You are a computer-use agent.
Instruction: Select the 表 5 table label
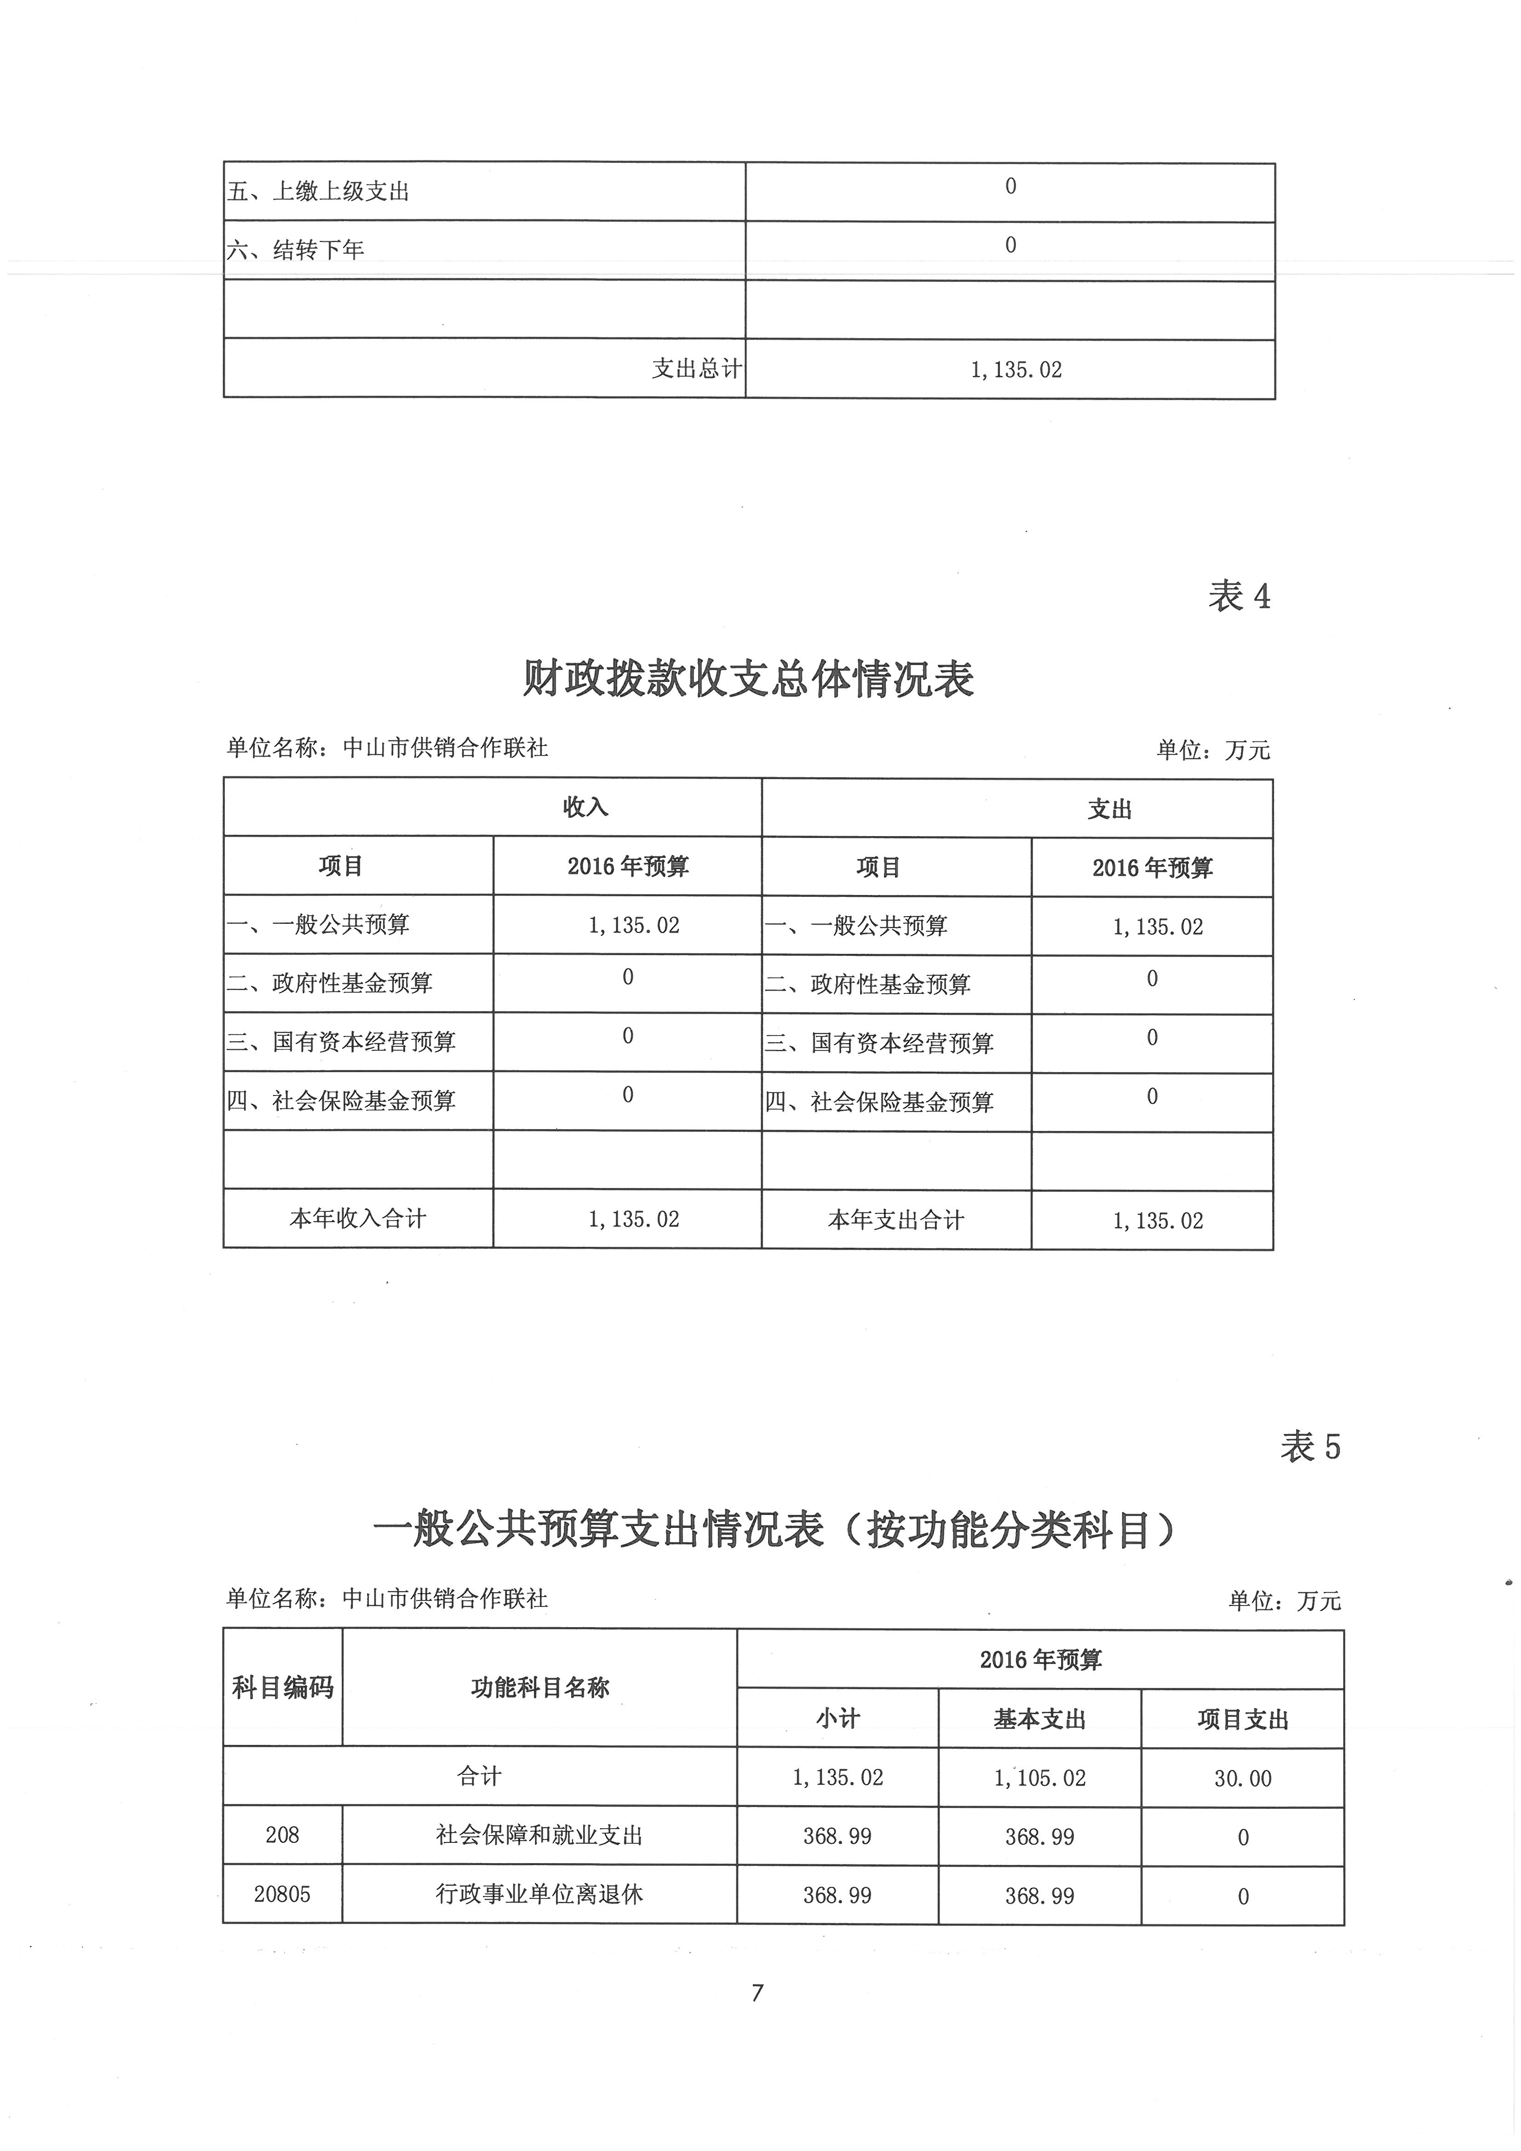click(x=1310, y=1447)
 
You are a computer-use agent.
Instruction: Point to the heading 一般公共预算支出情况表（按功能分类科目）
click(x=774, y=1531)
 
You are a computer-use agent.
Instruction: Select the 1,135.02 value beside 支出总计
click(x=1016, y=370)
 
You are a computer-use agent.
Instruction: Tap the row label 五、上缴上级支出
click(x=319, y=192)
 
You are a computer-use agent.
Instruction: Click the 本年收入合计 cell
click(x=358, y=1219)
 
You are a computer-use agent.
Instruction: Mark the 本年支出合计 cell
click(x=896, y=1220)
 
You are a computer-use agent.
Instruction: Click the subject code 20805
click(x=282, y=1894)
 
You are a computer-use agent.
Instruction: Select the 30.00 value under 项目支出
click(x=1243, y=1778)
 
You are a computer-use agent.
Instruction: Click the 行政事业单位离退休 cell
click(x=540, y=1894)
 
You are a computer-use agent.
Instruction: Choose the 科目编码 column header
click(x=282, y=1688)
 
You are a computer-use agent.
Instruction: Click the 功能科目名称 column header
click(x=540, y=1688)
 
